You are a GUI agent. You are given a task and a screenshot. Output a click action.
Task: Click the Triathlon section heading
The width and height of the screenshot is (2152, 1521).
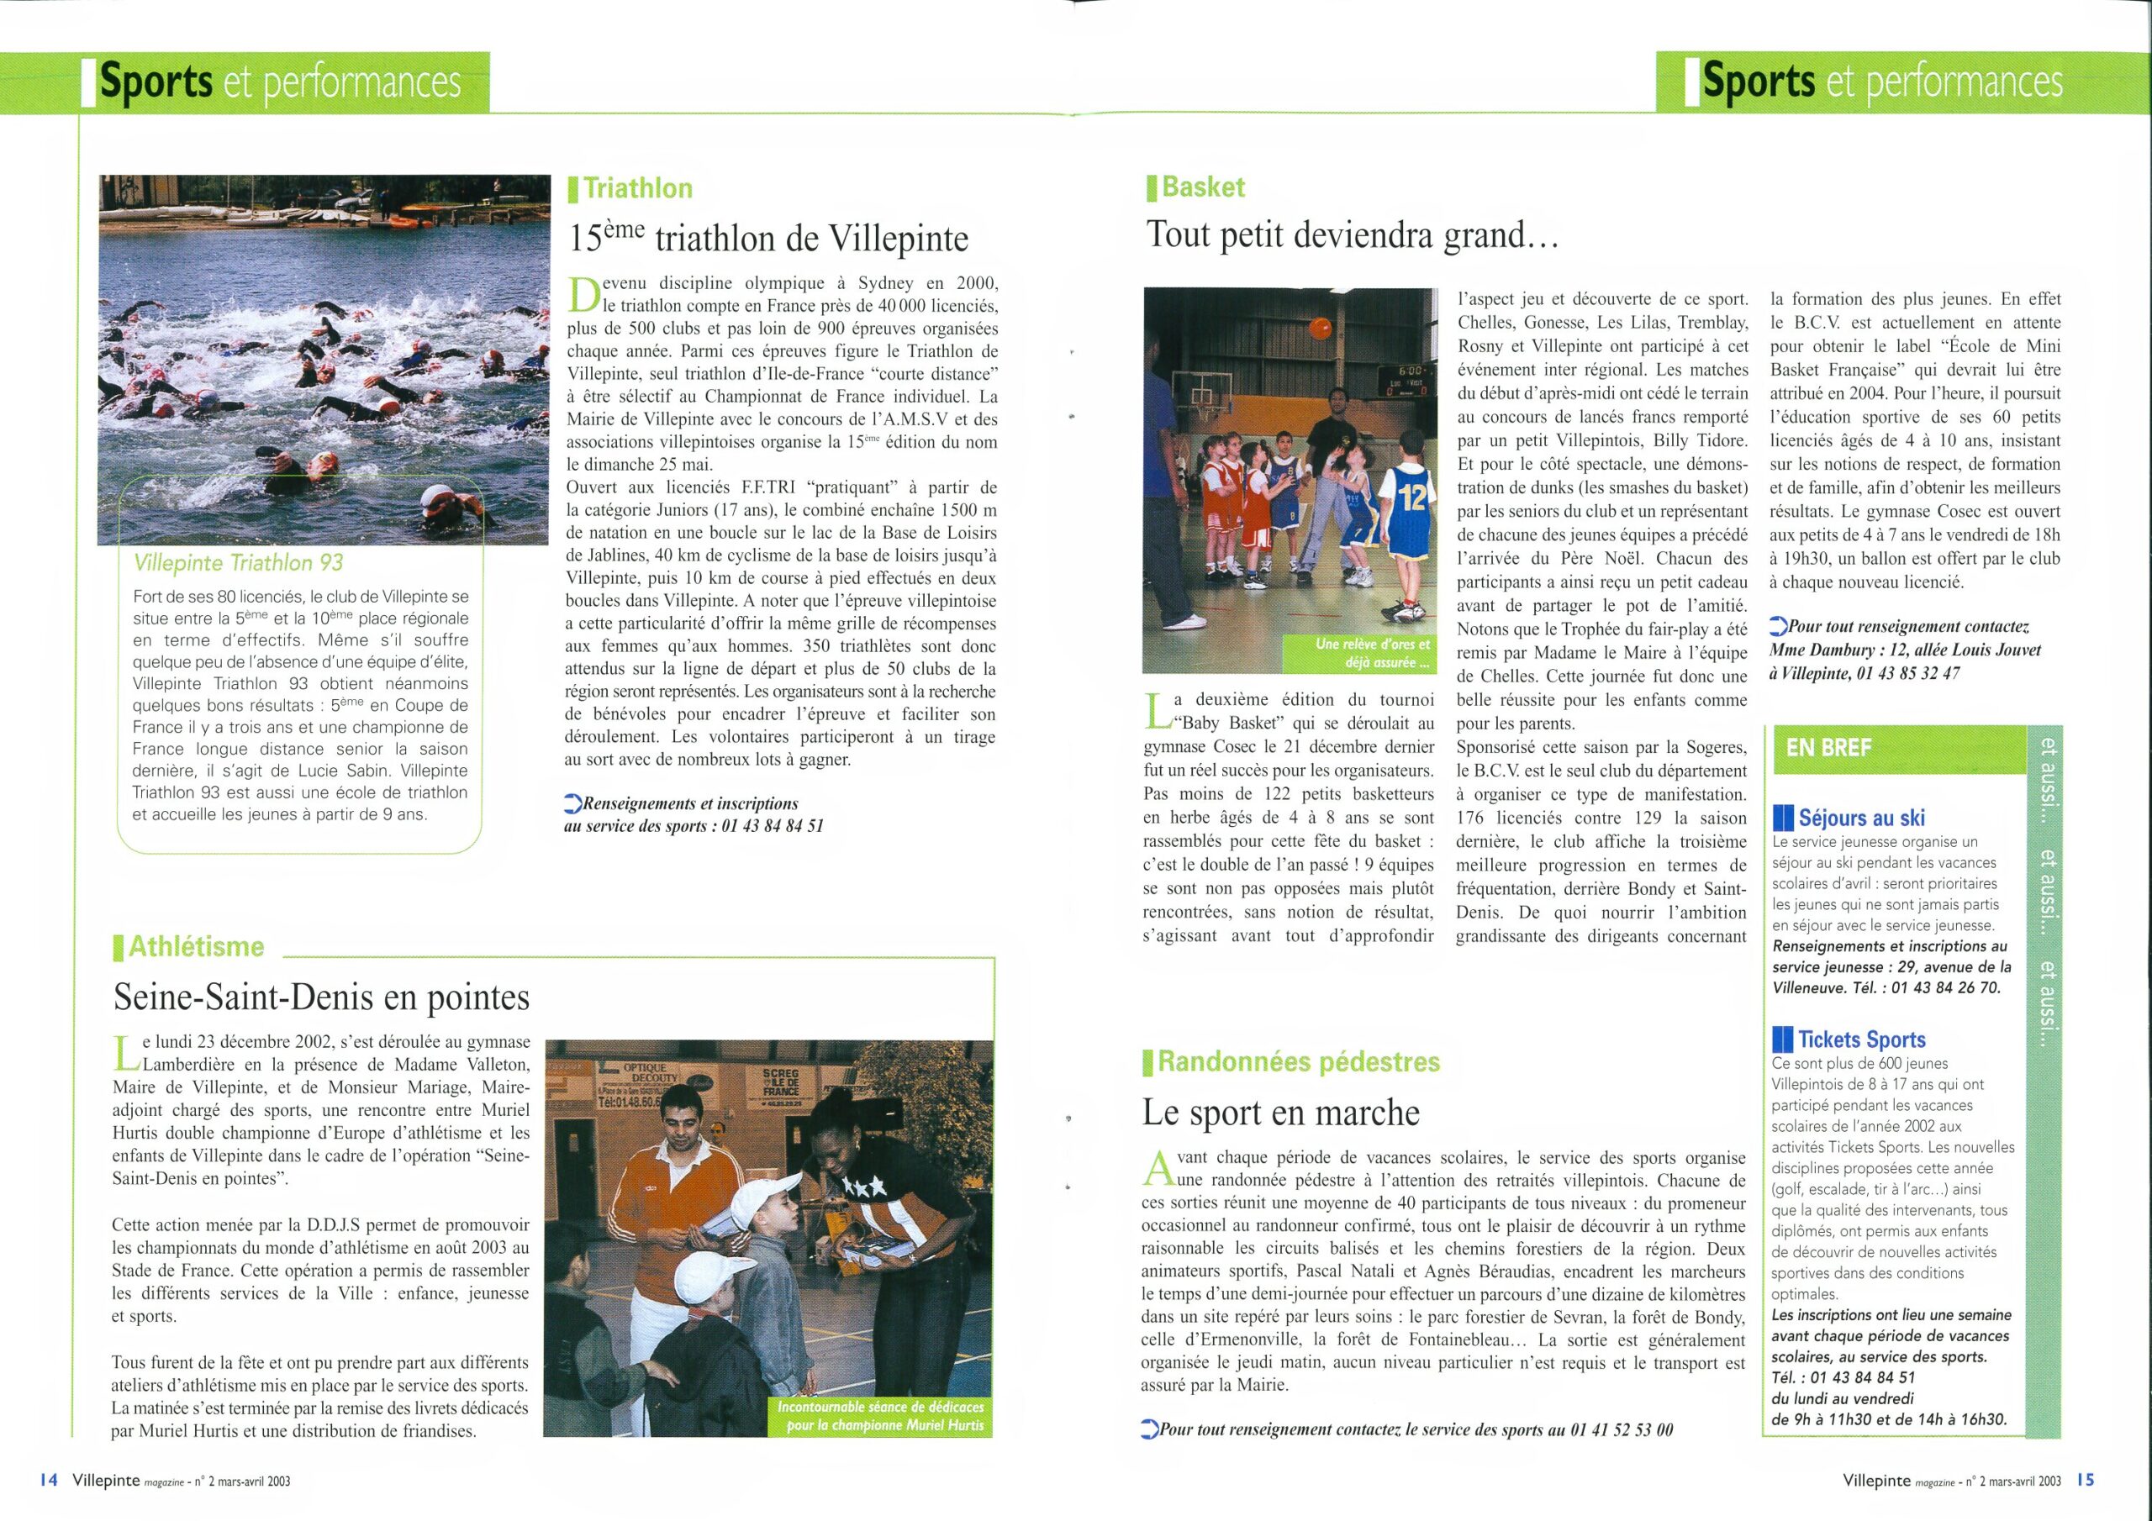[637, 188]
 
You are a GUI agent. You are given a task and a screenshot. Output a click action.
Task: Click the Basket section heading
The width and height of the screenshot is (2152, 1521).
[1203, 187]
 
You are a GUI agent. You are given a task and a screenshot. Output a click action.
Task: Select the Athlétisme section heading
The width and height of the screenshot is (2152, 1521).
[196, 946]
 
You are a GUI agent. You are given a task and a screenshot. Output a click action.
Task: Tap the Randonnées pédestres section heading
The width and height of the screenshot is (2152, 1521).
[1298, 1062]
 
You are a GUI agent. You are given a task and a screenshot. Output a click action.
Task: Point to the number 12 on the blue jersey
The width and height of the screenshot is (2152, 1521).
[1411, 497]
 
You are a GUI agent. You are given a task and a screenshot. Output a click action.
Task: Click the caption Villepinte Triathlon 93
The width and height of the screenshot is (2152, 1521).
[239, 562]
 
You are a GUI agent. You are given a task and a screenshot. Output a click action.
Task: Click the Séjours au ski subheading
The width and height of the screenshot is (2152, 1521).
[1861, 818]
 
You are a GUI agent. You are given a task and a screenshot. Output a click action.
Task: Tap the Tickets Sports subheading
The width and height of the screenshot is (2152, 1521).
[1861, 1039]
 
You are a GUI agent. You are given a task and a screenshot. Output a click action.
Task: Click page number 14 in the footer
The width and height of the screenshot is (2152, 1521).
[49, 1481]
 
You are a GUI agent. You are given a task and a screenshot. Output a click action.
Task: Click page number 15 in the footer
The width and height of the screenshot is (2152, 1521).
[2086, 1481]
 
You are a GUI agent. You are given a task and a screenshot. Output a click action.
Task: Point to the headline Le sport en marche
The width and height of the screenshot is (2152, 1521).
[1280, 1113]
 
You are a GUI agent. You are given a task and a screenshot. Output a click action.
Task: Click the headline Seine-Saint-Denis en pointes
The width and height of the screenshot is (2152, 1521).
[321, 997]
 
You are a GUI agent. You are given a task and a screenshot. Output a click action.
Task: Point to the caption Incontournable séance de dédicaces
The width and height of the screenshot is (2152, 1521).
[880, 1416]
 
